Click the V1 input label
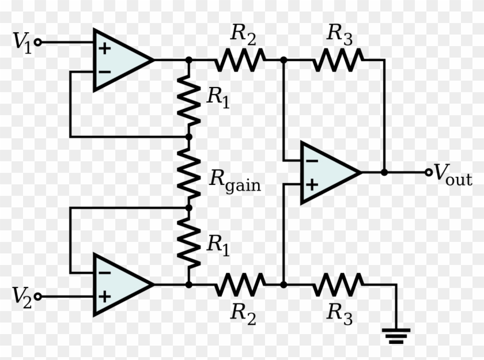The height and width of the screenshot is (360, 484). coord(22,43)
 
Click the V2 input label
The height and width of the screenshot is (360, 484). coord(22,297)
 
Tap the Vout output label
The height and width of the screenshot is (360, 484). coord(453,174)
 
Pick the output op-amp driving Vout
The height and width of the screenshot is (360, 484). coord(328,172)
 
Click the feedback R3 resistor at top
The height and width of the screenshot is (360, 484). coord(338,59)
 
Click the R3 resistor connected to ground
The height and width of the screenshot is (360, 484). coord(338,284)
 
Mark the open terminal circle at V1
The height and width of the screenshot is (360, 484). coord(38,42)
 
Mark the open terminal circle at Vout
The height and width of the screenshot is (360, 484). coord(428,172)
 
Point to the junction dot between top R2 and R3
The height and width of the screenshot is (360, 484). coord(283,59)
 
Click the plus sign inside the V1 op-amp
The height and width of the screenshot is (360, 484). coord(104,48)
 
